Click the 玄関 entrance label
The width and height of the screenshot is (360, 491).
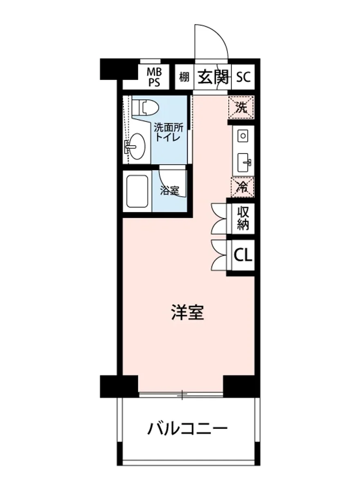(x=212, y=77)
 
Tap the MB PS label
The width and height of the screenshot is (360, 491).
(x=155, y=77)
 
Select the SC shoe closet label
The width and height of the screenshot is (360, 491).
(x=243, y=77)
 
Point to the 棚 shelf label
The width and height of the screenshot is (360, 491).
(x=184, y=77)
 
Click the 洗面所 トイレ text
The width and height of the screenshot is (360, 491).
(x=166, y=132)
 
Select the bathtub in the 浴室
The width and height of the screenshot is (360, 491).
(x=137, y=191)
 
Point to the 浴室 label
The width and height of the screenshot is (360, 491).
(x=169, y=191)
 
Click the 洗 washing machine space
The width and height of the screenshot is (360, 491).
(x=242, y=107)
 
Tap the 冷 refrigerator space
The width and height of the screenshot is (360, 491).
(x=243, y=187)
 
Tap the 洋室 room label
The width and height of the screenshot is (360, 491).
(x=187, y=313)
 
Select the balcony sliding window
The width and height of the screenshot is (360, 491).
(x=181, y=395)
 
